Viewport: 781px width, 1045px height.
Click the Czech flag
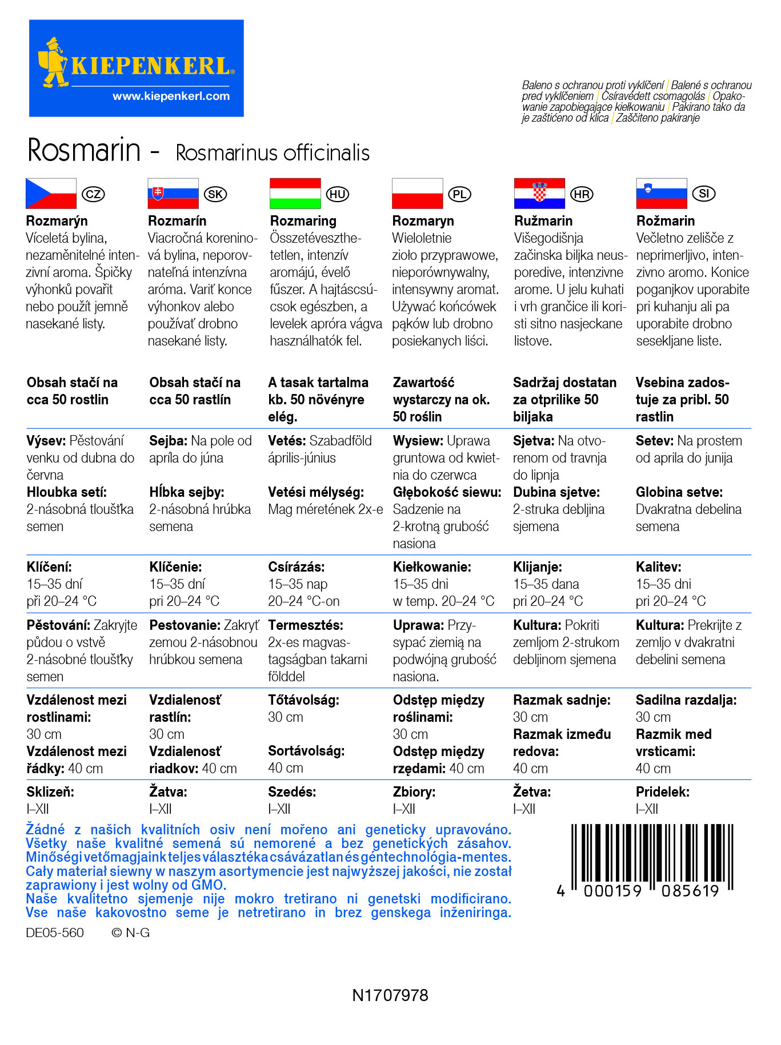(51, 194)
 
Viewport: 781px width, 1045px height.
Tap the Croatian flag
(539, 194)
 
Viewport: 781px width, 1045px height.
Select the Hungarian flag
(295, 194)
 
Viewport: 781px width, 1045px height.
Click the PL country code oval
(459, 194)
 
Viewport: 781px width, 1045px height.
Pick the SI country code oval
(704, 194)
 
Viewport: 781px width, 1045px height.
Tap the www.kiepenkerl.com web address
(171, 96)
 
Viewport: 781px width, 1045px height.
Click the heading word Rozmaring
(303, 221)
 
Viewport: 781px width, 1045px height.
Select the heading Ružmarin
(543, 221)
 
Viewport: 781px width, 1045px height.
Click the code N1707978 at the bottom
(390, 995)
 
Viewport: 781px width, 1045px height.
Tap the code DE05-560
(55, 933)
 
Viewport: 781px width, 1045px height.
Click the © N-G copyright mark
(130, 933)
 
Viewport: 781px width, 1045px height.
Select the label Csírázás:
(296, 567)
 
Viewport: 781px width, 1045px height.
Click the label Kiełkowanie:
(431, 567)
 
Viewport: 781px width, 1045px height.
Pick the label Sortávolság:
(306, 751)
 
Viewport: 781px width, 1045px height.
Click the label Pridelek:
(662, 792)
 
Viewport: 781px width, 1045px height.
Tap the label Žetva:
(531, 792)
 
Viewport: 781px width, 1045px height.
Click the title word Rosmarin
(84, 151)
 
